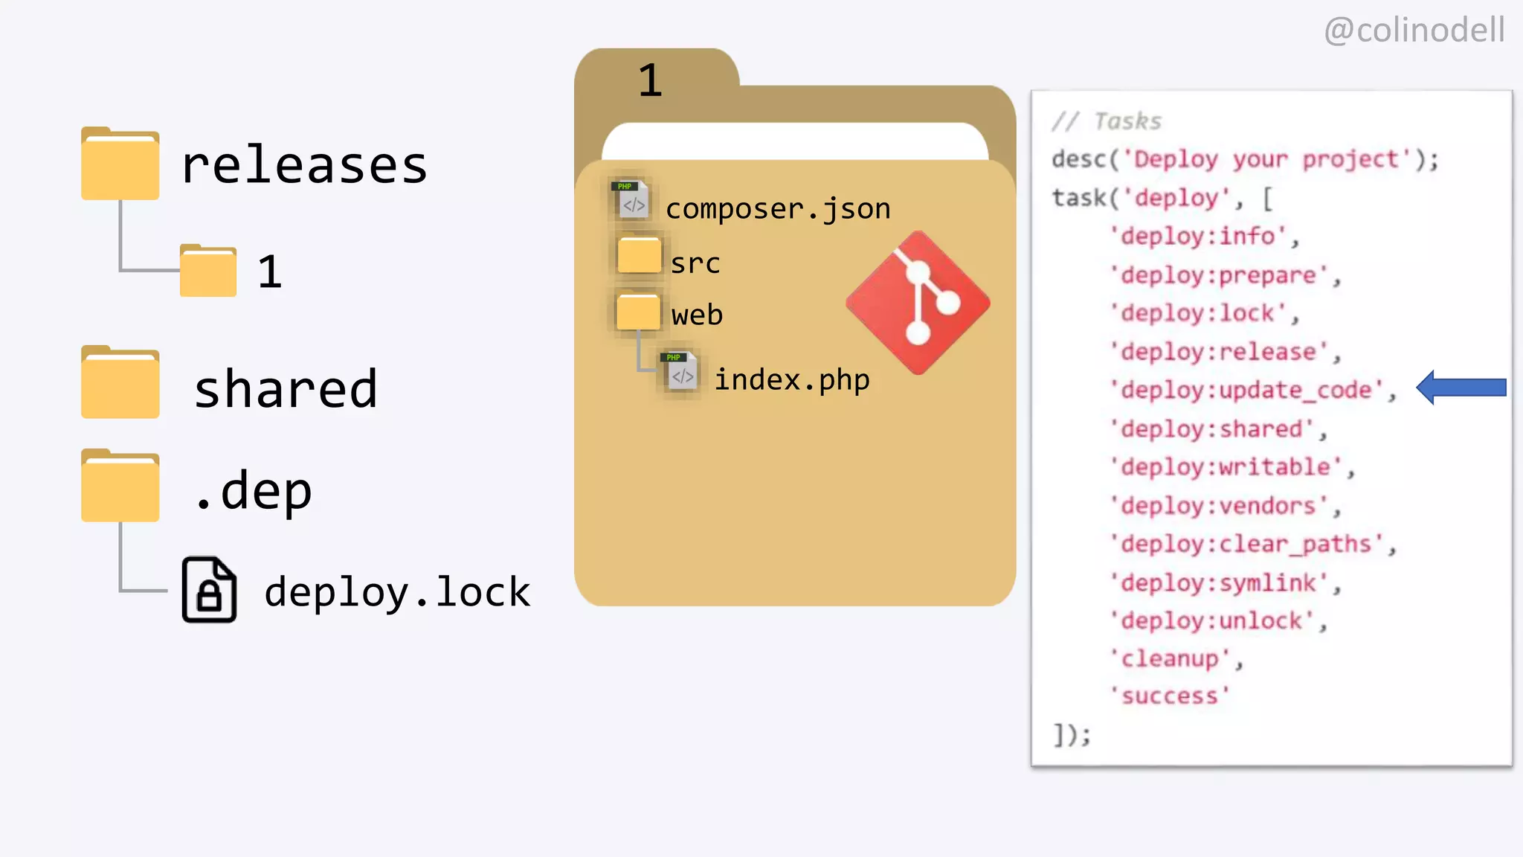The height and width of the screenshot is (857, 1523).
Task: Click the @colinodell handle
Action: (x=1414, y=31)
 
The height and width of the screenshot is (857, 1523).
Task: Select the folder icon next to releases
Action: (x=120, y=164)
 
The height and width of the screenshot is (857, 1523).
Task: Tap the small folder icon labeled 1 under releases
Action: (x=208, y=271)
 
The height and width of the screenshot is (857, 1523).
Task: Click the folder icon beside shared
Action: (x=120, y=382)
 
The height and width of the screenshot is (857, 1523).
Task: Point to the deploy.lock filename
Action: (x=397, y=592)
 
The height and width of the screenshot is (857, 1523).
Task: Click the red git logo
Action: (x=918, y=303)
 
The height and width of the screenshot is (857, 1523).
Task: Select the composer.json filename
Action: (x=778, y=209)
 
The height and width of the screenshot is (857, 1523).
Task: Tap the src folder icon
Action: (x=639, y=255)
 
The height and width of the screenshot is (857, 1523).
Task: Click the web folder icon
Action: (x=638, y=311)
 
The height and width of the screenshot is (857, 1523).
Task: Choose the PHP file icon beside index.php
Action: (x=680, y=371)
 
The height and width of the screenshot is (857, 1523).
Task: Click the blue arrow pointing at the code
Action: (x=1461, y=388)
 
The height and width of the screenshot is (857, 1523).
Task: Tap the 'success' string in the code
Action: (x=1170, y=696)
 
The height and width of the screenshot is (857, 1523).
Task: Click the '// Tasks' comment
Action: (x=1107, y=121)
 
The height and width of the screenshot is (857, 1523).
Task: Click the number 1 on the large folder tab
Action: (x=650, y=80)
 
